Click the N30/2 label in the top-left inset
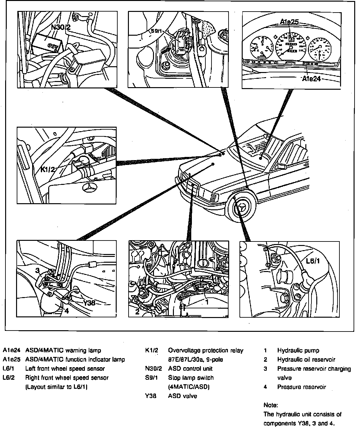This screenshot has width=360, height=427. (61, 27)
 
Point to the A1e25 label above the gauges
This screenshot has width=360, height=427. (289, 22)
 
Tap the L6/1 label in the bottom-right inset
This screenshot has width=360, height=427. (312, 261)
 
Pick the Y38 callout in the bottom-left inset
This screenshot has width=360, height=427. (89, 303)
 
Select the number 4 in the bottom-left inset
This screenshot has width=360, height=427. (66, 311)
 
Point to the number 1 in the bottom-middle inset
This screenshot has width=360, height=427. (207, 302)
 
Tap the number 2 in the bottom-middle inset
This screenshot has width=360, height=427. (137, 312)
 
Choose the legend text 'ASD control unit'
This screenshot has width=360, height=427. (190, 368)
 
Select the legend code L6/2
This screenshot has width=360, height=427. (8, 378)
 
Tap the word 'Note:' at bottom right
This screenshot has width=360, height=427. (270, 405)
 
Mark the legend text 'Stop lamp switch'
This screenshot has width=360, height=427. (191, 378)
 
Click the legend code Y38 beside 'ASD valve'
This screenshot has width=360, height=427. (150, 396)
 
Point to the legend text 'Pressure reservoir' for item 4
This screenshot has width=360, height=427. (301, 387)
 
